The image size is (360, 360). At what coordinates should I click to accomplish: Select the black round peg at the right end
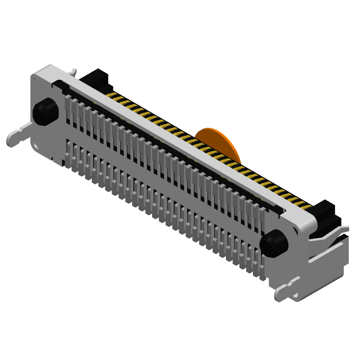point(274,243)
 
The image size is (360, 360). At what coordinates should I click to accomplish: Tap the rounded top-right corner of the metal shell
point(310,220)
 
